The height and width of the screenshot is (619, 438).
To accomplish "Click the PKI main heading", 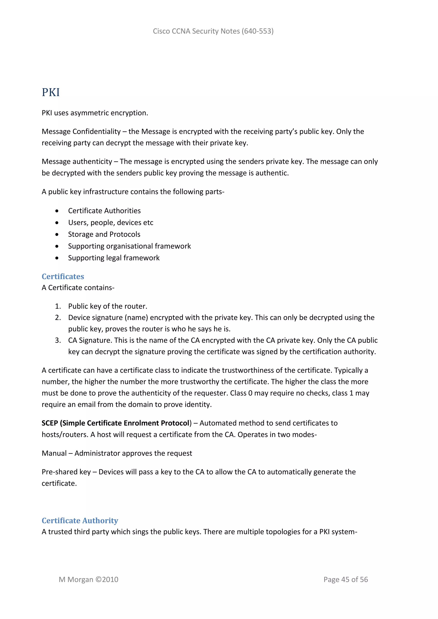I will [51, 93].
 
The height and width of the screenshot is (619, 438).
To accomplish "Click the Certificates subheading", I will [63, 276].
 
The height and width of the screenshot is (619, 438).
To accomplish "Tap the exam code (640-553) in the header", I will [257, 31].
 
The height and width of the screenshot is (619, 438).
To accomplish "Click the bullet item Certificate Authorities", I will [104, 211].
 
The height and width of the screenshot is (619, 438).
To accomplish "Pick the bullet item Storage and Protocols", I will [104, 234].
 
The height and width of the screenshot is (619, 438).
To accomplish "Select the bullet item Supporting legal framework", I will [114, 258].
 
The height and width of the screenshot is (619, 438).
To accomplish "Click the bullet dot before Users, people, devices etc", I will [57, 223].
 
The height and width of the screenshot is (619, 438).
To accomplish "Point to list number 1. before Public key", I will [58, 306].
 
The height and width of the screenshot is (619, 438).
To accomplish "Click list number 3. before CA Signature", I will [58, 340].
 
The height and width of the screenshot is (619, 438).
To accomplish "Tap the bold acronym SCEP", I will [50, 423].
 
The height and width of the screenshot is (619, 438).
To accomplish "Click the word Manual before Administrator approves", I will [54, 453].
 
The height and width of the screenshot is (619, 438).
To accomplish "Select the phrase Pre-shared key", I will [66, 472].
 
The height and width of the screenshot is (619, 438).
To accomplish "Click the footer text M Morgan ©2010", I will [89, 579].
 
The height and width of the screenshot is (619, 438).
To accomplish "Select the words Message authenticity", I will [77, 162].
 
